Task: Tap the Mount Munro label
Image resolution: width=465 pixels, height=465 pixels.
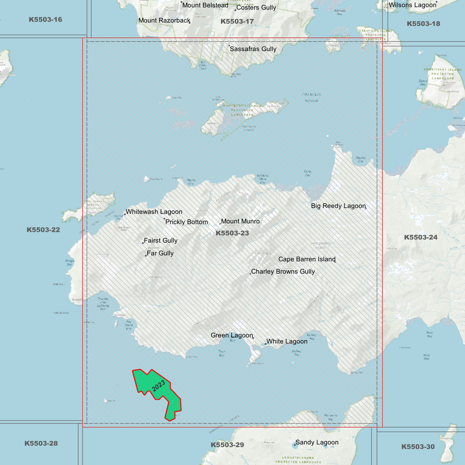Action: (240, 221)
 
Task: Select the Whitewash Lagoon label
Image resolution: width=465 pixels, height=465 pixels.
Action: (154, 212)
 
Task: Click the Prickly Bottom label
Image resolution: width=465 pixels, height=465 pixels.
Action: (187, 222)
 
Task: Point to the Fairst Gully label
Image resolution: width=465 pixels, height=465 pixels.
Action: (161, 240)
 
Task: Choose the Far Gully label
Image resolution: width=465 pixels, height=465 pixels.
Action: (160, 253)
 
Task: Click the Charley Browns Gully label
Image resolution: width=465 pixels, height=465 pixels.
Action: (283, 272)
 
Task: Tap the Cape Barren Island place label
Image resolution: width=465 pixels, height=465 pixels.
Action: (307, 259)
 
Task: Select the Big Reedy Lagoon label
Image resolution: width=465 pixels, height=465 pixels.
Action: (338, 206)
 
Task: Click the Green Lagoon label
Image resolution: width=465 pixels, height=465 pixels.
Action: (232, 335)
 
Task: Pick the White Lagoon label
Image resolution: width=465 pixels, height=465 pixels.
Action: (287, 341)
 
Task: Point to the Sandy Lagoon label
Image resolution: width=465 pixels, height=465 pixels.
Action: (317, 442)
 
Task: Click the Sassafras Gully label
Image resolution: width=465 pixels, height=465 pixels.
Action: (253, 49)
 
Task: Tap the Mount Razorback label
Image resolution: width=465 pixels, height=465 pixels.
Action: (164, 21)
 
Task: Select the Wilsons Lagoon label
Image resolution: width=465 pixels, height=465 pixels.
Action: (413, 5)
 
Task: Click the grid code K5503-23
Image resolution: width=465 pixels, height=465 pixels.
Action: (232, 233)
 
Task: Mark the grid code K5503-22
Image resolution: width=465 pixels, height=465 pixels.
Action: (43, 230)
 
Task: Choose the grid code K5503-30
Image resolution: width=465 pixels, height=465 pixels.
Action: (418, 447)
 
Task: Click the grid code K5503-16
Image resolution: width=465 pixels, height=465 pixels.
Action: (45, 20)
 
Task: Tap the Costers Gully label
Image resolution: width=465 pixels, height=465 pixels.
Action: (256, 8)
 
